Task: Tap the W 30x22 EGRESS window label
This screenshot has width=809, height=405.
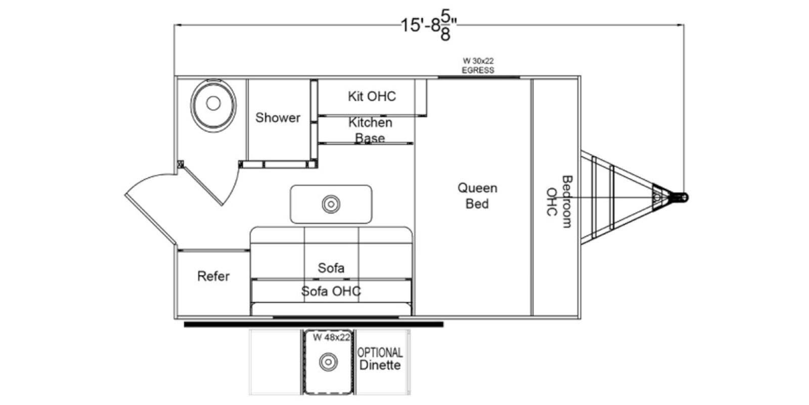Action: tap(478, 66)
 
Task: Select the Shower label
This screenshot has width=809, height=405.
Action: tap(278, 117)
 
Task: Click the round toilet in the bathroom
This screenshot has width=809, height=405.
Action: tap(213, 103)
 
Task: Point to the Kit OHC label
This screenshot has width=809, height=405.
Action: tap(372, 96)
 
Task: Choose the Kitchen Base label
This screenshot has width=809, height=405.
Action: tap(370, 130)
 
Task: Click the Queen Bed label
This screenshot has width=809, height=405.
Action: tap(477, 195)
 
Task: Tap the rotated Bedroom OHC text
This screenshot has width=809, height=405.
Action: tap(559, 201)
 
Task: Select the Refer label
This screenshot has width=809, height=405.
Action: tap(213, 276)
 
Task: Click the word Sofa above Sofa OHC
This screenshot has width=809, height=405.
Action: tap(331, 267)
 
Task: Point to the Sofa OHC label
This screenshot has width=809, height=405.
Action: tap(331, 291)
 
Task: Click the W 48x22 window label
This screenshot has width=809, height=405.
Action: tap(331, 338)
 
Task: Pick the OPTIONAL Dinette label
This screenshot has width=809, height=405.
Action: tap(380, 359)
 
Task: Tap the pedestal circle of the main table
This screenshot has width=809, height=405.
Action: tap(331, 204)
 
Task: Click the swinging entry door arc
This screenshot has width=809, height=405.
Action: tap(152, 202)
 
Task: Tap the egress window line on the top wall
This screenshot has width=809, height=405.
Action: tap(479, 77)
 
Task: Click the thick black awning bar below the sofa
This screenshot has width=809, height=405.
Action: tap(313, 324)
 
